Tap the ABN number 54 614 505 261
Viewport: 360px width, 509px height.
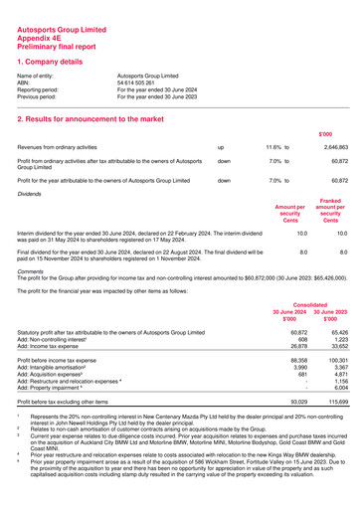pyautogui.click(x=146, y=84)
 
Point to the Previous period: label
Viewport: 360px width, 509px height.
pyautogui.click(x=41, y=97)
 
